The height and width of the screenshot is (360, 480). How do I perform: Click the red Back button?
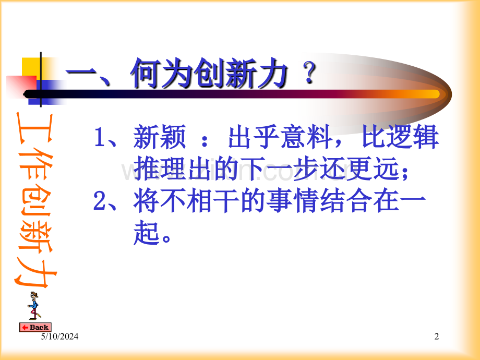click(x=35, y=327)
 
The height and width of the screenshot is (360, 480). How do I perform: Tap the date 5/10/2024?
click(x=59, y=337)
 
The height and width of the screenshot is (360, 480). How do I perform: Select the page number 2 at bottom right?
click(x=437, y=337)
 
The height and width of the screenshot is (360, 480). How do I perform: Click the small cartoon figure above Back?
click(x=34, y=306)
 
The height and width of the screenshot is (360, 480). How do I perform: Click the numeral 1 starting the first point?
click(x=100, y=137)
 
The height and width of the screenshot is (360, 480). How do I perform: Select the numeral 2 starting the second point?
click(x=100, y=201)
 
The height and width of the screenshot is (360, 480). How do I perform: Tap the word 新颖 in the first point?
click(x=160, y=137)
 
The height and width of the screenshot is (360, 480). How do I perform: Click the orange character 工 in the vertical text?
click(x=34, y=128)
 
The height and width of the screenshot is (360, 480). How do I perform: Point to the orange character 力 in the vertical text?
click(x=34, y=271)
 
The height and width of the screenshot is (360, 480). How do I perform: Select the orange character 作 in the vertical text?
click(x=34, y=164)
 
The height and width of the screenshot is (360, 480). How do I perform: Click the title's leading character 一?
click(x=81, y=75)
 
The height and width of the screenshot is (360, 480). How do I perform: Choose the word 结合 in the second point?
click(x=346, y=201)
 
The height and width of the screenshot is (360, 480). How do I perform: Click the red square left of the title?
click(x=21, y=86)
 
